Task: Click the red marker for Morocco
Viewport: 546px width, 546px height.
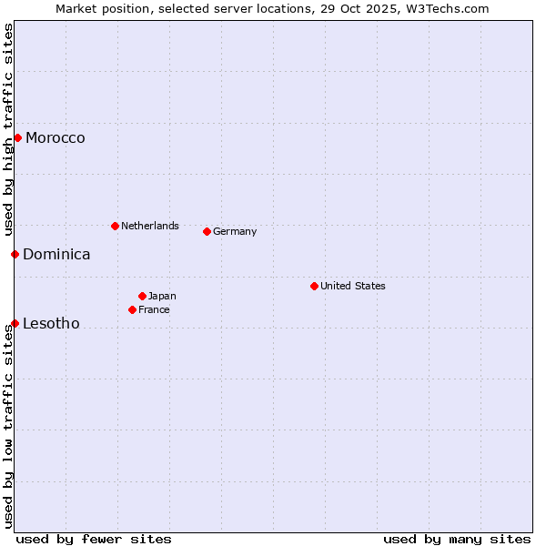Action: pyautogui.click(x=17, y=137)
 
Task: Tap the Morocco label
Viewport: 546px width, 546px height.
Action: pyautogui.click(x=56, y=138)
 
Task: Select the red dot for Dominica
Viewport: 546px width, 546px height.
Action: pyautogui.click(x=15, y=254)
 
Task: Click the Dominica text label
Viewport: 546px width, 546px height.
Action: pyautogui.click(x=56, y=255)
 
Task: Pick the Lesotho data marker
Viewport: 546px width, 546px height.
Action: pyautogui.click(x=15, y=323)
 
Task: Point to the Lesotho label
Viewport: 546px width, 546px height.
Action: pyautogui.click(x=51, y=324)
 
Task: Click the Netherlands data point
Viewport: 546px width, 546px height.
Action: pyautogui.click(x=115, y=226)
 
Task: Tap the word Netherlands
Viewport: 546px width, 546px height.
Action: pyautogui.click(x=150, y=226)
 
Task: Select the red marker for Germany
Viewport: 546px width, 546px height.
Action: pyautogui.click(x=207, y=231)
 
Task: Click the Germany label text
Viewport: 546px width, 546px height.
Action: pyautogui.click(x=235, y=231)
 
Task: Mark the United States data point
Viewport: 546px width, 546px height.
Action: pyautogui.click(x=314, y=286)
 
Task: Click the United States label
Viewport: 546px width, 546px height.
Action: pyautogui.click(x=353, y=286)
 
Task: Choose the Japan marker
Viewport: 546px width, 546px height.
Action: pyautogui.click(x=142, y=296)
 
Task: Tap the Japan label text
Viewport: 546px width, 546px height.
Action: pyautogui.click(x=162, y=296)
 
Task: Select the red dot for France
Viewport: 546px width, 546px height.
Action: pyautogui.click(x=132, y=309)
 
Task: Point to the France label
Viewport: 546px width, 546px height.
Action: pyautogui.click(x=154, y=309)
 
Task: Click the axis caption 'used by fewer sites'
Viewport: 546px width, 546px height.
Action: pyautogui.click(x=94, y=539)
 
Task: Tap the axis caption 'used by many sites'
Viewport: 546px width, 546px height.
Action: pyautogui.click(x=457, y=539)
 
